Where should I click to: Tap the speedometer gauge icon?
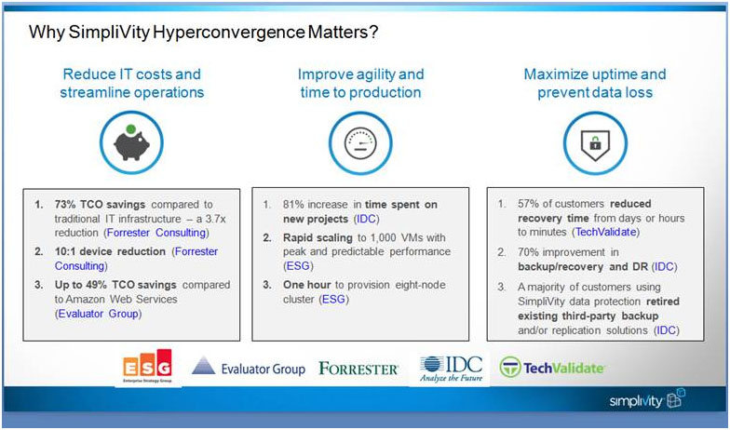point(360,142)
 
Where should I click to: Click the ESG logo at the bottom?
point(147,367)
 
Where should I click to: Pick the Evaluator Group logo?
point(249,368)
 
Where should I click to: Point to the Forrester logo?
point(358,369)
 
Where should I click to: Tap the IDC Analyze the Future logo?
point(451,369)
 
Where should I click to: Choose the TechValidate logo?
point(551,368)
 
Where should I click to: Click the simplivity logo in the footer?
point(646,399)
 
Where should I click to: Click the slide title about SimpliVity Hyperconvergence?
point(203,32)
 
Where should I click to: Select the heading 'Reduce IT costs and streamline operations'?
point(132,83)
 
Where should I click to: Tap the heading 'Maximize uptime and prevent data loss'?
point(595,83)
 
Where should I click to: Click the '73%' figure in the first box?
point(65,205)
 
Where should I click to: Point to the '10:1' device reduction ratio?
point(65,251)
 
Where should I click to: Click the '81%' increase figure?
point(294,205)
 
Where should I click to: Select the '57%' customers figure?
point(529,203)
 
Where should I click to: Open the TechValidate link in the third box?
point(605,232)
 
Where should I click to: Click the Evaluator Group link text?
point(99,314)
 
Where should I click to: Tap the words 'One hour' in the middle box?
point(307,285)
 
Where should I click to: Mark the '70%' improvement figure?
point(529,251)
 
